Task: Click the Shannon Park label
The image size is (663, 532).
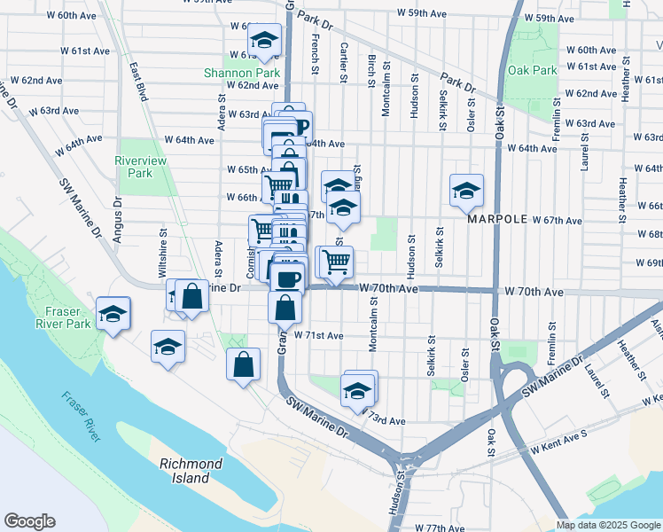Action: [x=241, y=72]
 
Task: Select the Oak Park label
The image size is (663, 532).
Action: [x=533, y=70]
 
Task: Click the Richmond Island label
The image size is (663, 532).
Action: [x=191, y=471]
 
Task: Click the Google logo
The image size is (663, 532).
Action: [x=29, y=521]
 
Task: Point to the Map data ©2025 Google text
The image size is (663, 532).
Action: [x=608, y=525]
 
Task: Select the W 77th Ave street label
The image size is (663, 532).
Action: [x=438, y=528]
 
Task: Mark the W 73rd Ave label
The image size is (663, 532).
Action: [x=383, y=420]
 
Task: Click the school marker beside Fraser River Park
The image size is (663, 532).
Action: [x=113, y=314]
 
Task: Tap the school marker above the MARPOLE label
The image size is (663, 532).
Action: [x=466, y=190]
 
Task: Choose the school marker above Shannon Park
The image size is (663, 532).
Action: [x=263, y=41]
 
